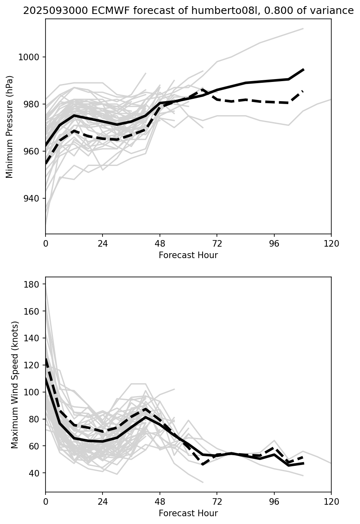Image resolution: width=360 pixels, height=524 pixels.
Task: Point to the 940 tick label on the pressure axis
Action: pyautogui.click(x=32, y=198)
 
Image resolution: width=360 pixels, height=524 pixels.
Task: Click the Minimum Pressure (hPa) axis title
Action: pyautogui.click(x=9, y=127)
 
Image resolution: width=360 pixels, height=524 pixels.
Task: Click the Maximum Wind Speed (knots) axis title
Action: pyautogui.click(x=15, y=385)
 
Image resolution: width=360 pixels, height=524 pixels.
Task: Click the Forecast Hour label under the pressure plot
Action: pyautogui.click(x=188, y=255)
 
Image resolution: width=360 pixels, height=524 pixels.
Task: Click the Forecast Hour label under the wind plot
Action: pyautogui.click(x=188, y=513)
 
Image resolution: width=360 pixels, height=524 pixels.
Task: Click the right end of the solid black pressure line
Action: pyautogui.click(x=303, y=70)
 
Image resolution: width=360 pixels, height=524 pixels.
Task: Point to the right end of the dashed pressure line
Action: pyautogui.click(x=303, y=91)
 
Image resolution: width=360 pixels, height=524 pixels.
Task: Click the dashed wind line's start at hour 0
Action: pyautogui.click(x=46, y=359)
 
